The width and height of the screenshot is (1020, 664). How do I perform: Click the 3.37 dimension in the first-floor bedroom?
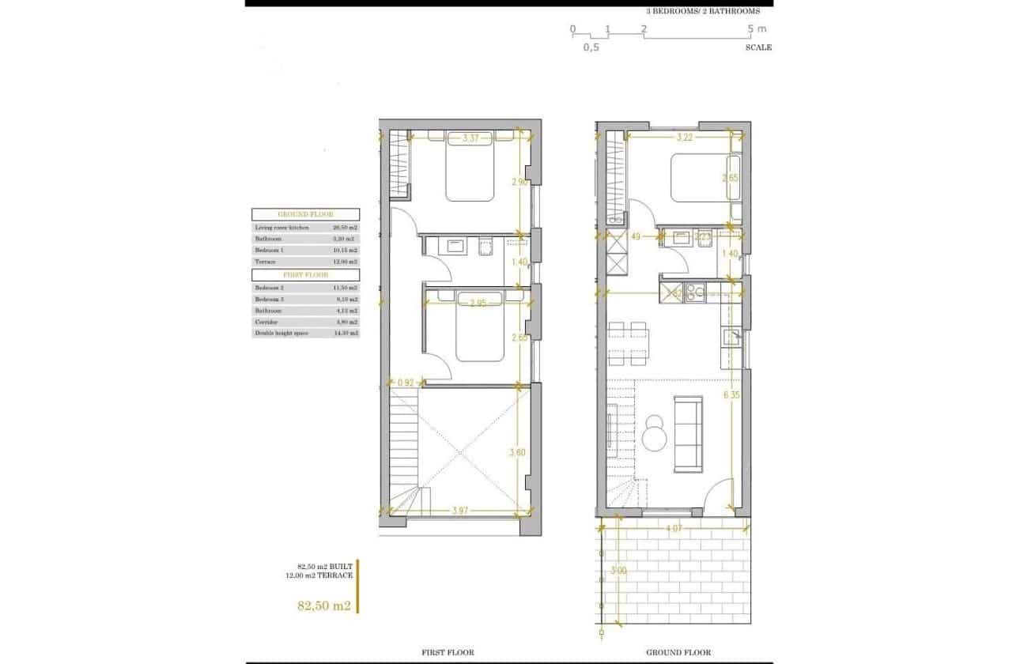coord(470,138)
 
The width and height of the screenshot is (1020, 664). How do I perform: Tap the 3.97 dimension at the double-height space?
coord(460,511)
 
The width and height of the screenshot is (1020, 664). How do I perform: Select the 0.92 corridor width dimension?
coord(406,383)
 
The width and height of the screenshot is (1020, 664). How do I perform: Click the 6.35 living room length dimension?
coord(731,395)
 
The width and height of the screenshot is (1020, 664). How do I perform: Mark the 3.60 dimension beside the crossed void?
coord(517,452)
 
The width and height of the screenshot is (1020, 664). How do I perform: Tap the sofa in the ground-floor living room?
coord(687,432)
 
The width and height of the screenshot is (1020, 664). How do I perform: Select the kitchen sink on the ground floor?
coord(731,338)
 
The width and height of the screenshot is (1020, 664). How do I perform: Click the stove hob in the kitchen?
coord(696,293)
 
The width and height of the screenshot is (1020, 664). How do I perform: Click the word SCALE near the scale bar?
coord(757,47)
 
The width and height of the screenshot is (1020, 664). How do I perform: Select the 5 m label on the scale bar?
coord(757,29)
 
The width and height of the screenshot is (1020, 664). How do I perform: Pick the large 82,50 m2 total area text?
coord(323,606)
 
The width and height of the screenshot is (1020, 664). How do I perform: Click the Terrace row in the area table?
coord(305,261)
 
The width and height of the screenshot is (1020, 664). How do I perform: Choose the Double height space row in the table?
coord(305,334)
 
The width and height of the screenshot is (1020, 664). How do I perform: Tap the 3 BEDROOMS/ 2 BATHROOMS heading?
coord(703,11)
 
